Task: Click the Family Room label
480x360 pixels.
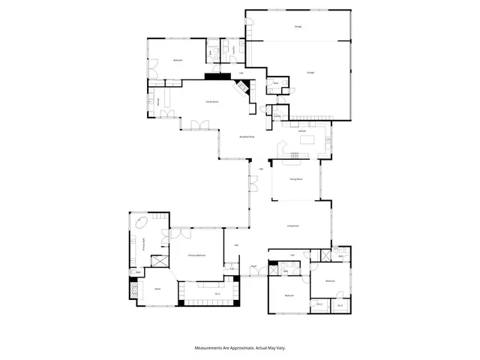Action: (x=212, y=102)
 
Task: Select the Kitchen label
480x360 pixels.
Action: (x=301, y=131)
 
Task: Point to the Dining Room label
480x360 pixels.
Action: (x=295, y=179)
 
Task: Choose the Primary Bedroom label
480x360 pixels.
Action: (x=196, y=256)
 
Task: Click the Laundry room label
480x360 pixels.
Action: (x=233, y=50)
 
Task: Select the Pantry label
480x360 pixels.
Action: (x=277, y=116)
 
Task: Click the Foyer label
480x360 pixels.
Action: (x=254, y=266)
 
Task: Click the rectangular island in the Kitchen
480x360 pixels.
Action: (x=289, y=155)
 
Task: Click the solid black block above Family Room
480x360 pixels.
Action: (x=212, y=76)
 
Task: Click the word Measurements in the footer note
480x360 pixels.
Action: (x=211, y=348)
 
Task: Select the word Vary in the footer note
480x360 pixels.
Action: (x=279, y=348)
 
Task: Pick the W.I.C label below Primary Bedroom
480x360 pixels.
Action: (x=217, y=293)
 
